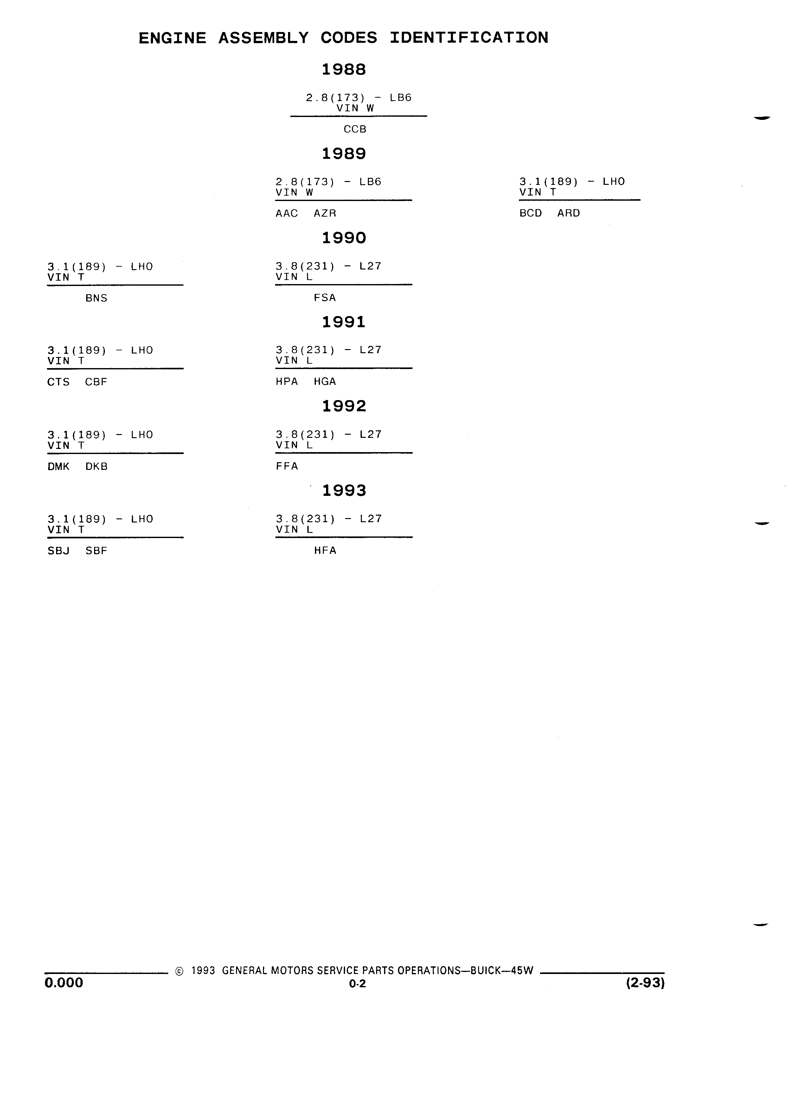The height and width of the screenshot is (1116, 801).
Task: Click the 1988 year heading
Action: coord(344,69)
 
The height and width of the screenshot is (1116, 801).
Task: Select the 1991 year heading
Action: coord(344,322)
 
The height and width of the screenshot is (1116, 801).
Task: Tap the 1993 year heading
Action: coord(344,490)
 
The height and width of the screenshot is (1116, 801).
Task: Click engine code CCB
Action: coord(355,129)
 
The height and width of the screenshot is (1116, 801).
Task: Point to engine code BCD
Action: coord(530,213)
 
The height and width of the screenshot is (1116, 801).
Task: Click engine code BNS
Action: coord(96,298)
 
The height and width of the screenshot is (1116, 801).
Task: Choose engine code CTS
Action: coord(59,382)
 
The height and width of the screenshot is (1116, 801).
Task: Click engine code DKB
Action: coord(96,466)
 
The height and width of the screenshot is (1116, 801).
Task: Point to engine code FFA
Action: coord(287,466)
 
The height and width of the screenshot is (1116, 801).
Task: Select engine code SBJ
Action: coord(59,551)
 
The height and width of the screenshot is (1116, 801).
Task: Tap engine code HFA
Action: coord(325,551)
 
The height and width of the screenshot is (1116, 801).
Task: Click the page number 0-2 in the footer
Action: coord(357,984)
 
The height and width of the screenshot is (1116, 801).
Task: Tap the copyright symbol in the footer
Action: coord(179,971)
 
